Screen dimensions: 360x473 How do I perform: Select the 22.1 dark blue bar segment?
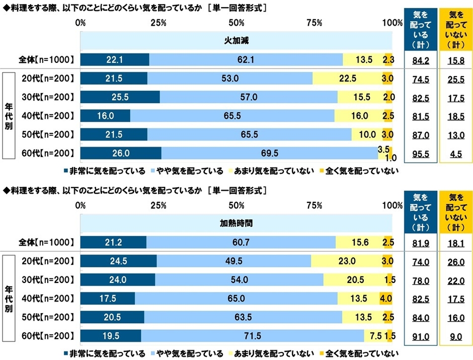[114, 59]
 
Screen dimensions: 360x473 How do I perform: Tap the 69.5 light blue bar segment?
[269, 153]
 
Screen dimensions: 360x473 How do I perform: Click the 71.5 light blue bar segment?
[252, 336]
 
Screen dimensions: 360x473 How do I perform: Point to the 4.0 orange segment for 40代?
[385, 298]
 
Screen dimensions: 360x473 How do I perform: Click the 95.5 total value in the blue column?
[420, 153]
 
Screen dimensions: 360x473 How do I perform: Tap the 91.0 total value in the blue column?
[420, 336]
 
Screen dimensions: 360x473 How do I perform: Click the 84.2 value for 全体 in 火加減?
[420, 59]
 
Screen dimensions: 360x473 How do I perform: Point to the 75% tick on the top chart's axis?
[314, 23]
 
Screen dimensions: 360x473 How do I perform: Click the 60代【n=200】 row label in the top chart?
[48, 153]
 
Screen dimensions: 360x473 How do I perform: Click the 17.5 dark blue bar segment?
[107, 298]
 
